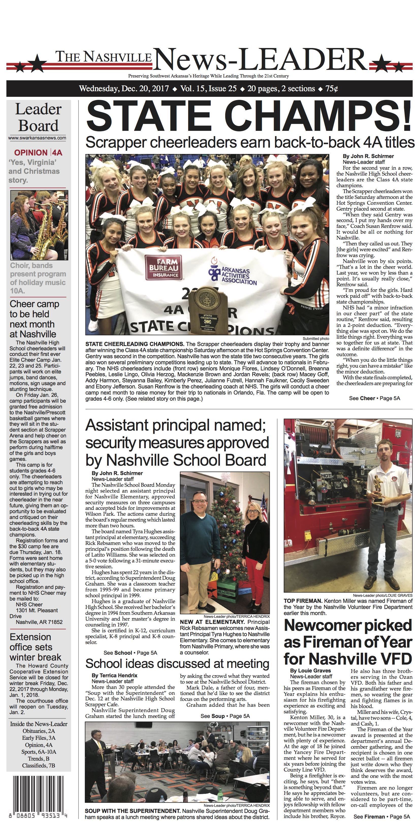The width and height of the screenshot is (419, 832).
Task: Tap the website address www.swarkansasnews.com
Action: tap(37, 138)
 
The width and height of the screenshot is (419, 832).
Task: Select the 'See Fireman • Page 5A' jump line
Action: tap(382, 817)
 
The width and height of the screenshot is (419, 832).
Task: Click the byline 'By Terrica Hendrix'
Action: tap(114, 675)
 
